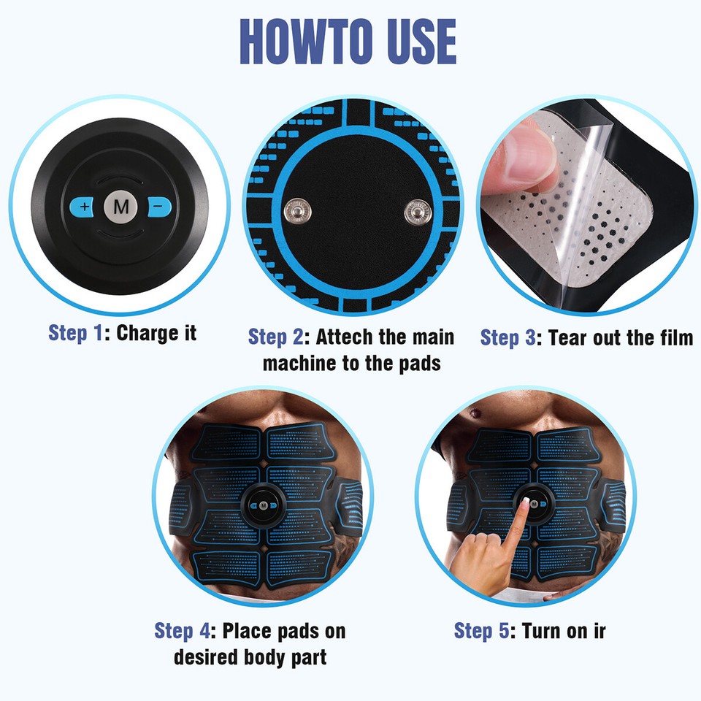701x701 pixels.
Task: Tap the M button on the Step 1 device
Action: click(x=120, y=207)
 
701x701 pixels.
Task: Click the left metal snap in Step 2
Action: click(x=296, y=212)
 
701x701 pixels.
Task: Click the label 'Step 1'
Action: click(x=77, y=333)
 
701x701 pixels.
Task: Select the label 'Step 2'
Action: click(x=276, y=337)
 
